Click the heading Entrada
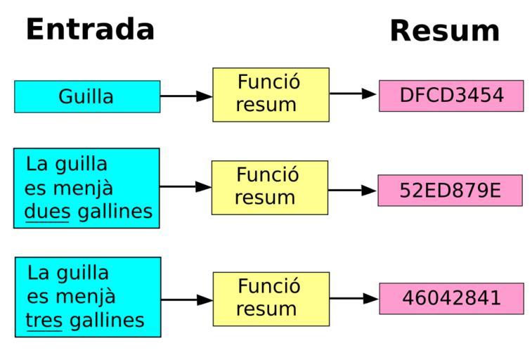coord(90,30)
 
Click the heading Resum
coord(445,31)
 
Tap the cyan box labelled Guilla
coord(87,96)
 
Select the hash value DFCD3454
coord(451,96)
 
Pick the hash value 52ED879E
coord(450,191)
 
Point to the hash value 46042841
coord(452,298)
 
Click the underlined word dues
coord(48,212)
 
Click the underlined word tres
coord(44,321)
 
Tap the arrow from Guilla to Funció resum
coord(186,96)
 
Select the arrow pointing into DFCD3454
coord(353,94)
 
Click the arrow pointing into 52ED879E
coord(352,190)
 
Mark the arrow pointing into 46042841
coord(354,299)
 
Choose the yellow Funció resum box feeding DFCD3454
coord(271,95)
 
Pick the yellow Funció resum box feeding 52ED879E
coord(270,188)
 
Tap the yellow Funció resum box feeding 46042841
coord(271,299)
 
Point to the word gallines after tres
coord(108,321)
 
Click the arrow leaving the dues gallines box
coord(186,186)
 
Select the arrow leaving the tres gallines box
coord(187,300)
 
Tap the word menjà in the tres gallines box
coord(86,297)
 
